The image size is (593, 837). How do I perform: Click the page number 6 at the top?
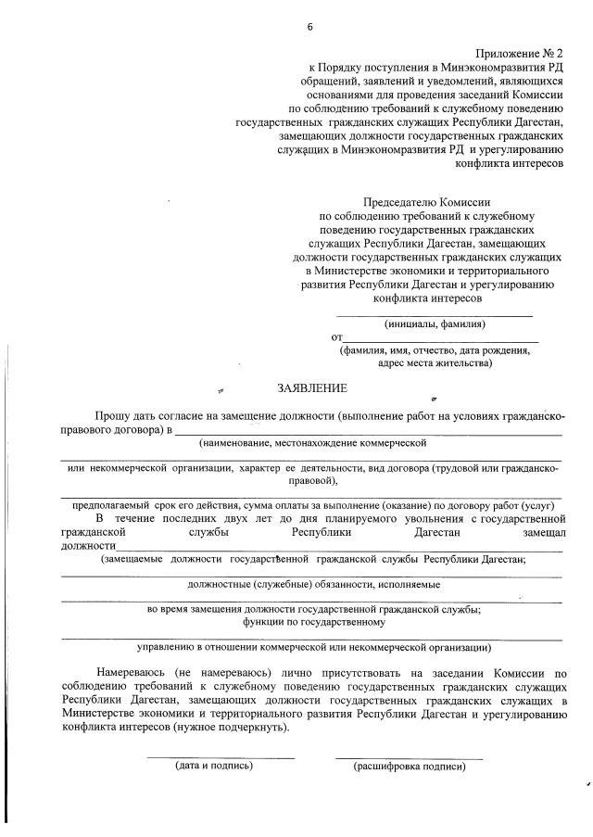click(x=310, y=27)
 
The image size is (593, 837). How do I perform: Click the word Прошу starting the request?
click(x=113, y=416)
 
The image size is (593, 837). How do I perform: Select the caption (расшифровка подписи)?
click(x=409, y=767)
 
